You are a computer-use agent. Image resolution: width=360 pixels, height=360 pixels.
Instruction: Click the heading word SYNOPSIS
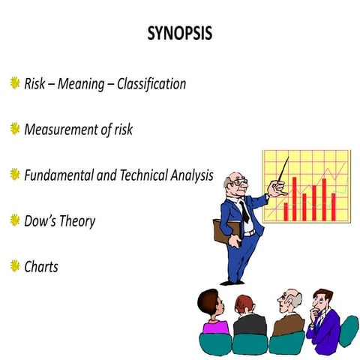[180, 35]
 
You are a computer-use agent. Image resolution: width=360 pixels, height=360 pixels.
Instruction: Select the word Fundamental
[61, 175]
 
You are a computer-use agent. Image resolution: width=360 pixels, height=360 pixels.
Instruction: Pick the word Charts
[40, 266]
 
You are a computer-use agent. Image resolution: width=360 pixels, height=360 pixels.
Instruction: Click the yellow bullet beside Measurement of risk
[13, 128]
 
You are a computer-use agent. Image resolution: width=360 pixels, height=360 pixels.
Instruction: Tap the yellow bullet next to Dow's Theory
[13, 220]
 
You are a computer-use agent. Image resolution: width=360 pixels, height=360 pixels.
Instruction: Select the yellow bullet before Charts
[13, 265]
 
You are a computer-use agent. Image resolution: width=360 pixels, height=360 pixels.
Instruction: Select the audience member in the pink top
[213, 318]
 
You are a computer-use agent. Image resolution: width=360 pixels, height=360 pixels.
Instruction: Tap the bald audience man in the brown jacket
[288, 315]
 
